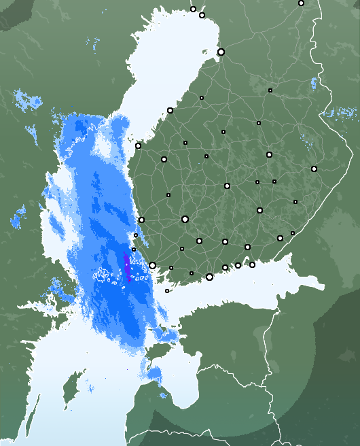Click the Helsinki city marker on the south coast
tap(209, 277)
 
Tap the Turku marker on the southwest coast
tap(153, 266)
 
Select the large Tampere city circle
tap(185, 219)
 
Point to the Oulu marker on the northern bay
tap(221, 52)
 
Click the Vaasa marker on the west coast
tap(138, 145)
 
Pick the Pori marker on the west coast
tap(141, 220)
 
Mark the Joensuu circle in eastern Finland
tap(314, 169)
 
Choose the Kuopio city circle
tap(269, 155)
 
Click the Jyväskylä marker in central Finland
tap(227, 186)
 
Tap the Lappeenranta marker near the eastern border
tap(280, 238)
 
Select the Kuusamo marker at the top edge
tap(301, 3)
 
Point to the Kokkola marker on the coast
tap(170, 110)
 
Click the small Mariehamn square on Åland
tap(167, 291)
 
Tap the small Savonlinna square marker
tap(295, 202)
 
